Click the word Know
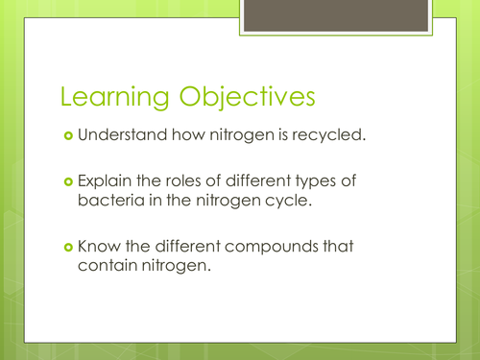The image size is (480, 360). [x=98, y=247]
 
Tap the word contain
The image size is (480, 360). [x=107, y=269]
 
